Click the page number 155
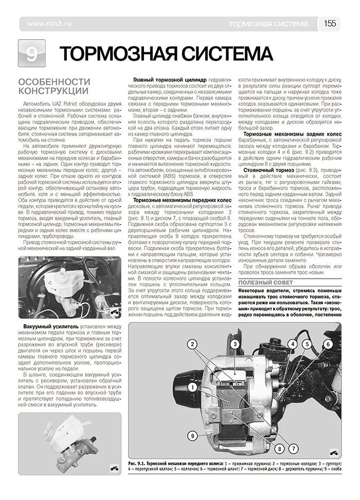pos(330,24)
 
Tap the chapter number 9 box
pos(31,53)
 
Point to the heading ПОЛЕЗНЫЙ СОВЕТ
pos(265,283)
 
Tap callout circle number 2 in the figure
pos(191,344)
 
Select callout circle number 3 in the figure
pos(234,344)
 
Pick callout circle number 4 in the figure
pos(292,344)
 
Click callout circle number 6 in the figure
pos(328,344)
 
